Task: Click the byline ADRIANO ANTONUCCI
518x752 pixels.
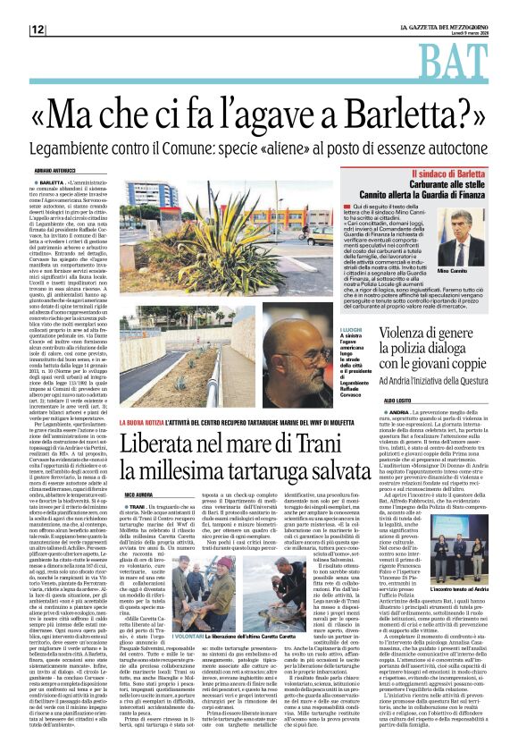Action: point(55,169)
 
